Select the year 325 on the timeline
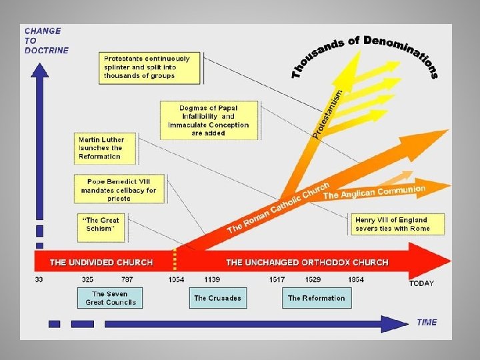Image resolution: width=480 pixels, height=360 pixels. click(x=87, y=279)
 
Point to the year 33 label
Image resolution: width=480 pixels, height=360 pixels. click(x=39, y=279)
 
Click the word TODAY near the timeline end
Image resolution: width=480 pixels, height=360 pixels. click(x=421, y=283)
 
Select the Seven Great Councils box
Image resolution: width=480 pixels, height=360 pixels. click(x=111, y=298)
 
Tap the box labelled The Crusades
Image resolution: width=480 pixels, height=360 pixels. click(x=217, y=298)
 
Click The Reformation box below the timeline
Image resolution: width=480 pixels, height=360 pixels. click(x=316, y=298)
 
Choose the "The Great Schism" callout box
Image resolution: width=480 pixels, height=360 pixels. click(x=101, y=224)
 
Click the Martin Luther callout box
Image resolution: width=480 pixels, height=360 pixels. click(x=101, y=147)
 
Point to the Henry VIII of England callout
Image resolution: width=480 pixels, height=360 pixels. click(x=399, y=224)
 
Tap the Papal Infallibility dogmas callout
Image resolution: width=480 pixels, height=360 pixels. click(x=209, y=120)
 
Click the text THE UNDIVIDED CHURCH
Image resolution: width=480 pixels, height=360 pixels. click(x=101, y=263)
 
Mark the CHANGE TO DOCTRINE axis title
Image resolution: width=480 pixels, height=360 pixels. click(x=45, y=41)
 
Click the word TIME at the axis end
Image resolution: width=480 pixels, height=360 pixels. click(x=427, y=323)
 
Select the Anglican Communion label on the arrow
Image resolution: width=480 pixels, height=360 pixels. click(x=374, y=192)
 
